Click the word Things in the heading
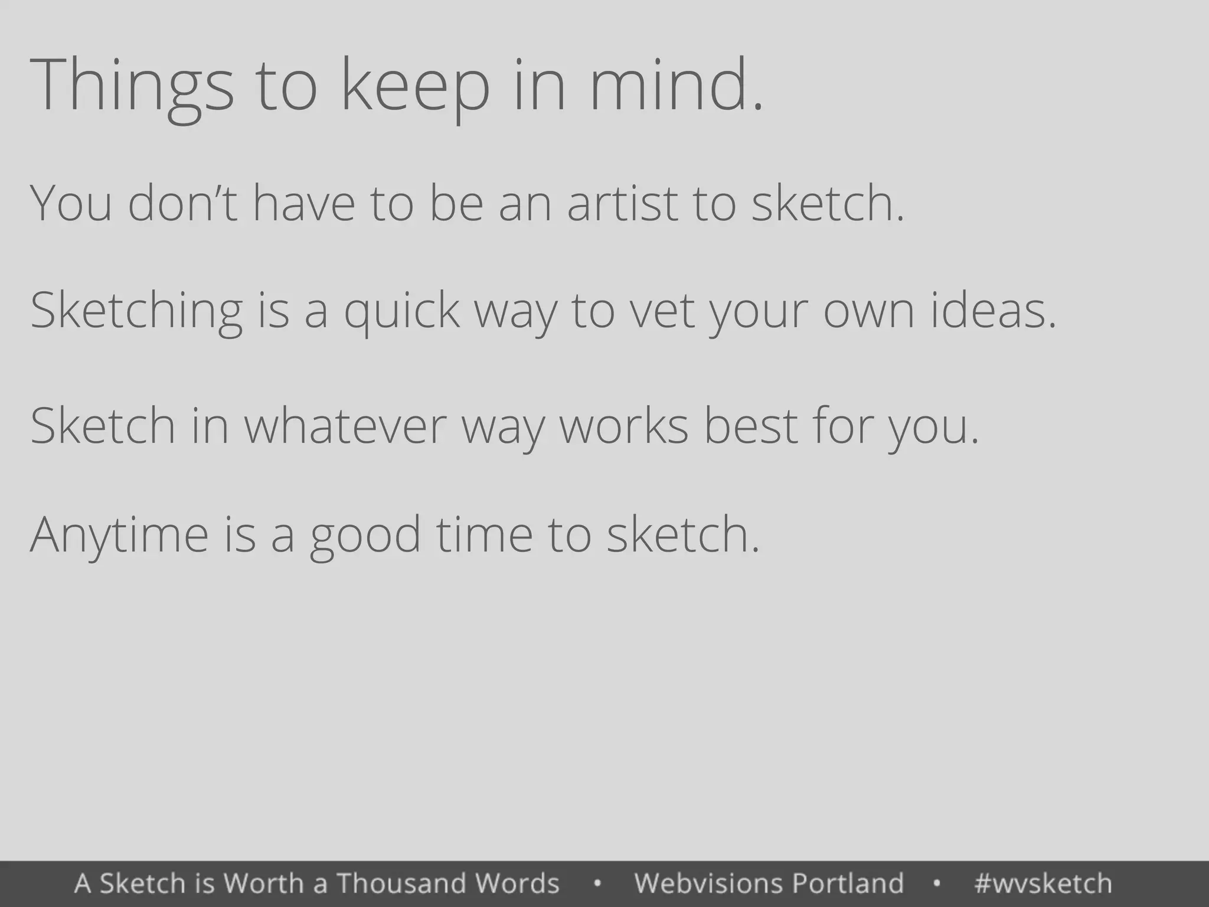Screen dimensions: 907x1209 [x=131, y=86]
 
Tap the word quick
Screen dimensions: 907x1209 [x=401, y=311]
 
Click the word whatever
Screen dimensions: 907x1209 [x=345, y=426]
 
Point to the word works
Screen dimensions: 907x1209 [x=623, y=426]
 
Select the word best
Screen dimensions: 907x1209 [x=751, y=426]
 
